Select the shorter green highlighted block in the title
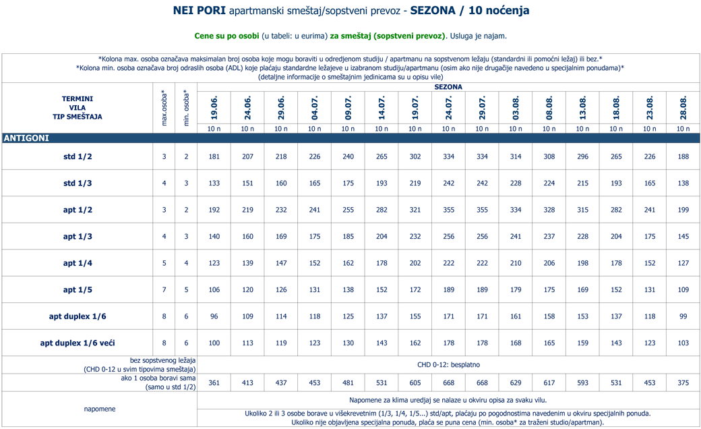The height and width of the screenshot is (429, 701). [x=218, y=34]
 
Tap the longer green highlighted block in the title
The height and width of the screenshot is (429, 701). [x=388, y=34]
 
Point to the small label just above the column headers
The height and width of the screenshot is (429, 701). [x=448, y=86]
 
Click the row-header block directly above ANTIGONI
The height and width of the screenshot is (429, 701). [x=78, y=108]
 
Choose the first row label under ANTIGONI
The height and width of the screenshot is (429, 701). [x=78, y=156]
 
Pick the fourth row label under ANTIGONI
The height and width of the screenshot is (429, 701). [x=78, y=236]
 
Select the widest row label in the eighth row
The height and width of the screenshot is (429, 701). [x=78, y=343]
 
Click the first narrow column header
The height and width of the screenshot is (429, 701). [x=164, y=107]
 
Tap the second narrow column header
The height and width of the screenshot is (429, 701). [x=186, y=107]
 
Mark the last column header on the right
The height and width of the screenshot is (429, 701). [x=683, y=108]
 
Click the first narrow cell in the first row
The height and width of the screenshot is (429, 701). [x=164, y=156]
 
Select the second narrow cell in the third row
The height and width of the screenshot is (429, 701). [x=186, y=210]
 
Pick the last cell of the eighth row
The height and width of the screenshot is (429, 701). [x=683, y=343]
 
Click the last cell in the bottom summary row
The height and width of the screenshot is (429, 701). [x=683, y=382]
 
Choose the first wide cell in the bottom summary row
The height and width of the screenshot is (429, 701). [x=214, y=382]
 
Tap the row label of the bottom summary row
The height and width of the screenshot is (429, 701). [x=156, y=382]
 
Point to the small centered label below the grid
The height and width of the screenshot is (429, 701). [x=448, y=365]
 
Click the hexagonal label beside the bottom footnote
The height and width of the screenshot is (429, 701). [x=100, y=409]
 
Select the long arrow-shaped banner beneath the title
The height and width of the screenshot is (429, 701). [x=350, y=68]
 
